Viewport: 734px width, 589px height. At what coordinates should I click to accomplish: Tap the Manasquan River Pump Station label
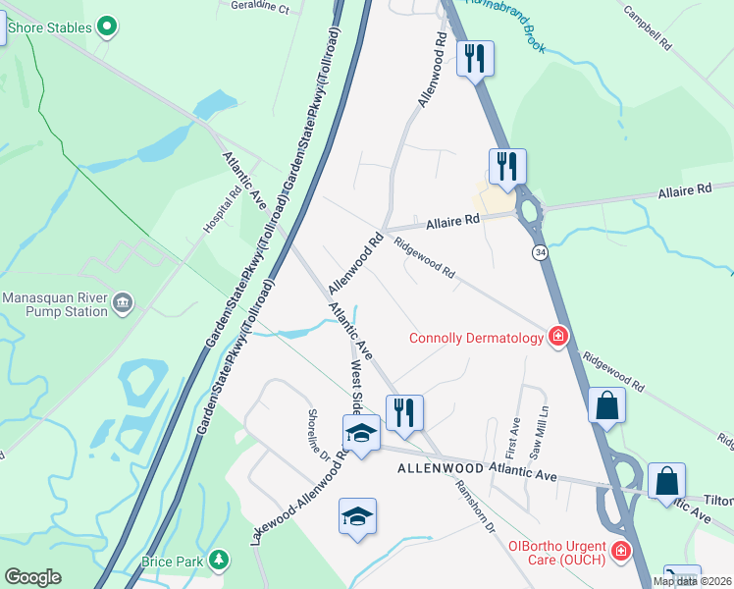click(54, 304)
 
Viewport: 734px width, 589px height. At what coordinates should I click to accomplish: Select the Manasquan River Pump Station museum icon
click(123, 298)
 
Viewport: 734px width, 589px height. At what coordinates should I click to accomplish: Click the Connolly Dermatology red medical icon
click(558, 338)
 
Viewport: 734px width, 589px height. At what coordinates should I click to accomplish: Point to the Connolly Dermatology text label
click(477, 339)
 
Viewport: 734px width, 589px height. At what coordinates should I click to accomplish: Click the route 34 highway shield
click(541, 252)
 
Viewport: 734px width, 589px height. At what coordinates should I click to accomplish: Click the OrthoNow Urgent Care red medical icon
click(620, 554)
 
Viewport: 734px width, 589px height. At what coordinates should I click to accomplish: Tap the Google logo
click(32, 577)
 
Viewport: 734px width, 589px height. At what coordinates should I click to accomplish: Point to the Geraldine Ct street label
click(260, 9)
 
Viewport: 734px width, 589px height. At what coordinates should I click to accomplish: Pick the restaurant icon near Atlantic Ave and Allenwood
click(403, 411)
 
